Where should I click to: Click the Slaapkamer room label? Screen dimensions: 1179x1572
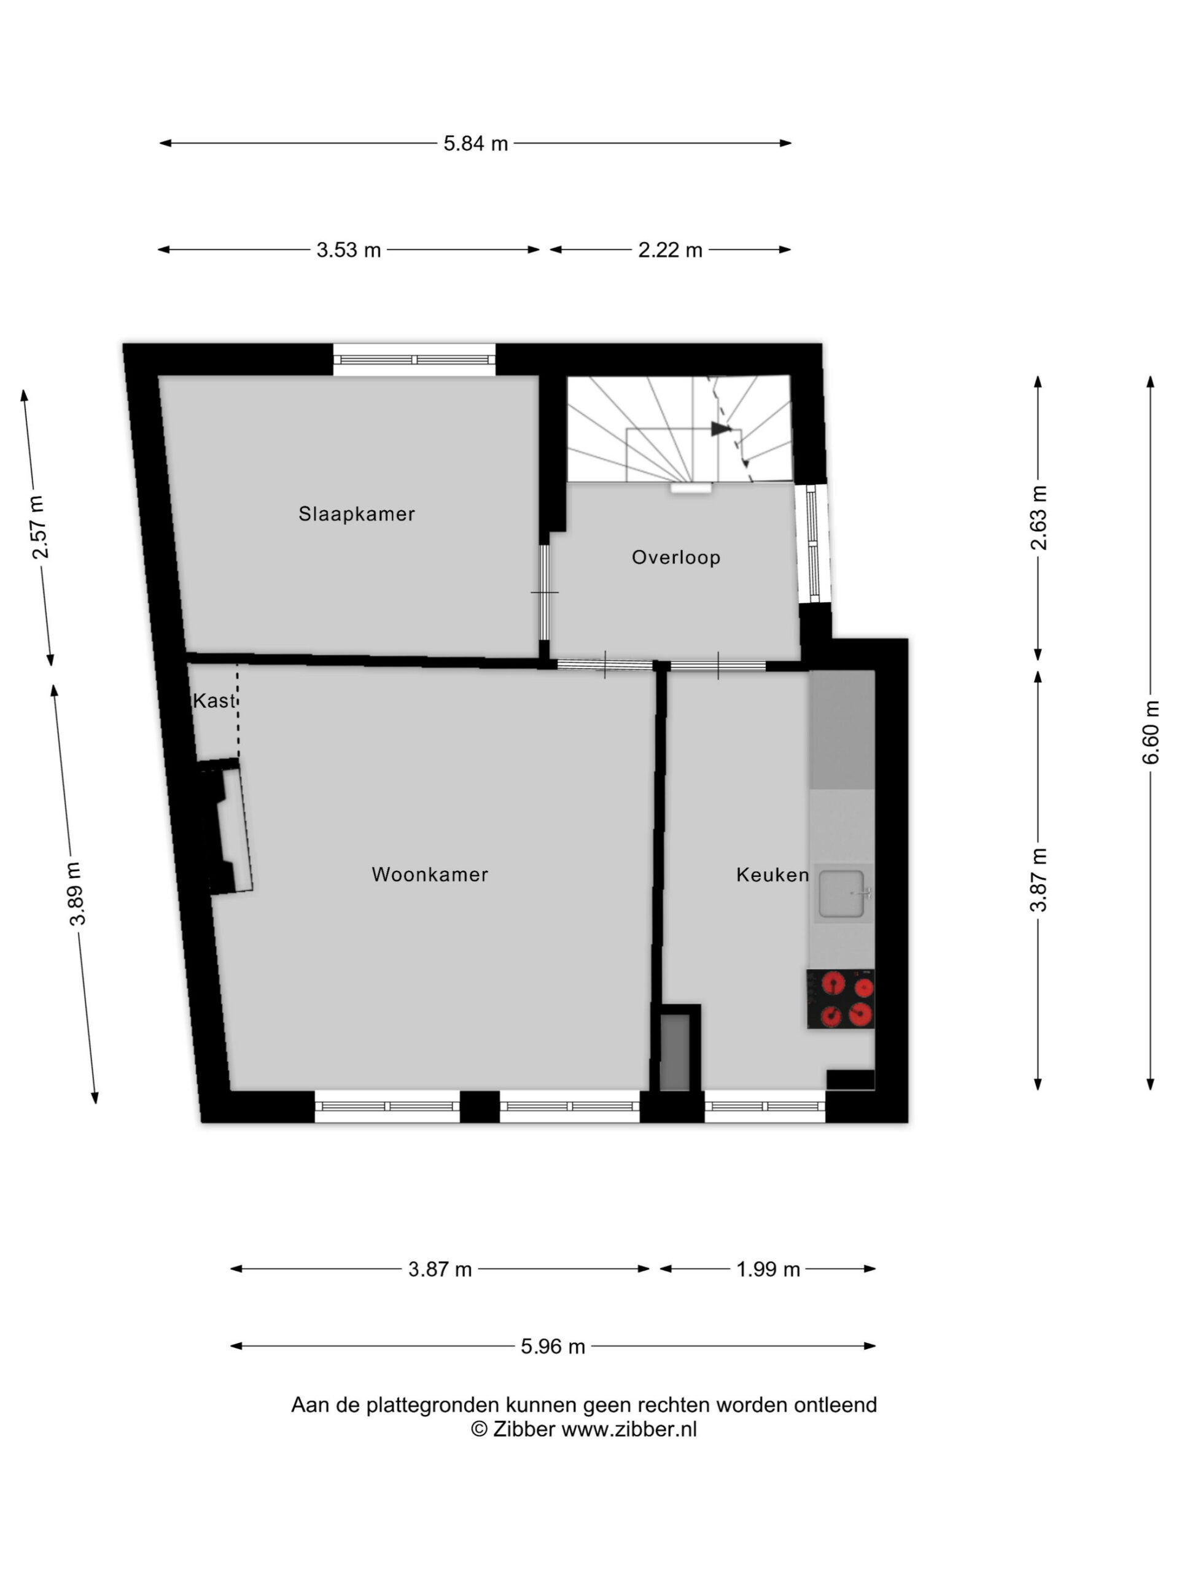(x=356, y=514)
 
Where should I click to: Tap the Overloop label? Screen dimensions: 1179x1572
(x=676, y=557)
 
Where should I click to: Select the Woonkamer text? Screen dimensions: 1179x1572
(x=430, y=874)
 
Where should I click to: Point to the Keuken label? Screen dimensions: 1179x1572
(x=772, y=874)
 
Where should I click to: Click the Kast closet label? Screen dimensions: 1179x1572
(x=214, y=701)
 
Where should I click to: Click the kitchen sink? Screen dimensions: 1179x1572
(x=842, y=893)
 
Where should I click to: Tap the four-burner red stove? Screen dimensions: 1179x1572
(x=840, y=998)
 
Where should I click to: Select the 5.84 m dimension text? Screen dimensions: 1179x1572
(x=475, y=144)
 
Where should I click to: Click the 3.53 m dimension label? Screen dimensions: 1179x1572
(x=348, y=250)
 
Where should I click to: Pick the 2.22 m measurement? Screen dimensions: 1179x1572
(x=670, y=250)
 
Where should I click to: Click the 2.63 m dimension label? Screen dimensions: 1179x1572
(x=1038, y=518)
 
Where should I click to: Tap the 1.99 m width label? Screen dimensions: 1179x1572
(x=768, y=1269)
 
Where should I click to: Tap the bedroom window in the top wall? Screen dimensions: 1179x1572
(x=414, y=360)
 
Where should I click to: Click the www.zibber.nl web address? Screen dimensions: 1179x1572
(x=629, y=1429)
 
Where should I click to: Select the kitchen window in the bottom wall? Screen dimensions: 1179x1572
(x=765, y=1106)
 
